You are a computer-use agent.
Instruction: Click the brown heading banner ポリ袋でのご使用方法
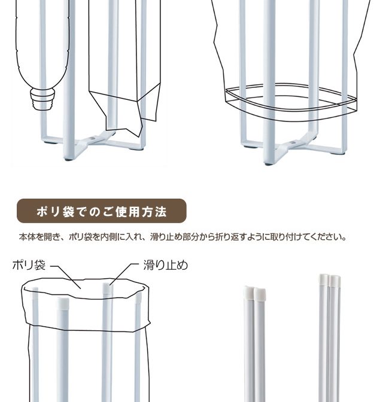point(101,211)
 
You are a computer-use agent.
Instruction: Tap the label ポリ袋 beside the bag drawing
point(29,265)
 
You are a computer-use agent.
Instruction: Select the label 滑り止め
point(165,265)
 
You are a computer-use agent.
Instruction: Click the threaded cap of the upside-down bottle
point(42,99)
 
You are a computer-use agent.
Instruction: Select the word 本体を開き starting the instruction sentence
point(39,237)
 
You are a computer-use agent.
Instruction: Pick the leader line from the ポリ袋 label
point(66,277)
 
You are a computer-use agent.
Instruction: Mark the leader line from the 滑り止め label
point(124,274)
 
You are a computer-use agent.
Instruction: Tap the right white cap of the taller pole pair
point(336,281)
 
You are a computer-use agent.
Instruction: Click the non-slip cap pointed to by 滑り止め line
point(108,288)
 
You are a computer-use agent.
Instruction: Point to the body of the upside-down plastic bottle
point(42,44)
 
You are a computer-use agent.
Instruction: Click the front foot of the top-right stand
point(269,163)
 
